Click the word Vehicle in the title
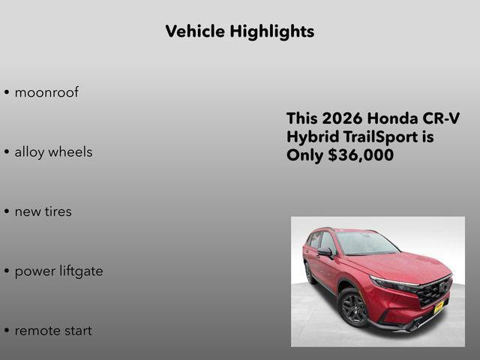click(x=195, y=31)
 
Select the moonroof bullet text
click(x=46, y=93)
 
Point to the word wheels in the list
click(x=70, y=152)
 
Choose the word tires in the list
click(x=57, y=211)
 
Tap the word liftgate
click(x=81, y=271)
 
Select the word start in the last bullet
click(x=76, y=331)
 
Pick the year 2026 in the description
click(x=342, y=118)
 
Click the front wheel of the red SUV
click(x=353, y=307)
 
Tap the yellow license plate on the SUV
click(x=439, y=308)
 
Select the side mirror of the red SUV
click(x=325, y=252)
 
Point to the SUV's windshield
click(x=367, y=243)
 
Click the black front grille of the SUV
click(x=433, y=289)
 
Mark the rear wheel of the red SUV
click(x=310, y=272)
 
